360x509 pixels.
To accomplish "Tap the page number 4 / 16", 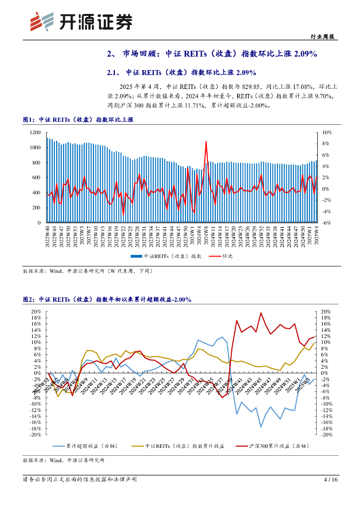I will click(331, 480).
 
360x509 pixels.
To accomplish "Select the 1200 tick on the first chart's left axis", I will click(35, 132).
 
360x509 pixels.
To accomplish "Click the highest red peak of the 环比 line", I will click(206, 142).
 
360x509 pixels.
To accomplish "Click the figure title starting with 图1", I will click(78, 120).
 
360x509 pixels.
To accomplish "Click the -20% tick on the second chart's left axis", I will click(35, 435).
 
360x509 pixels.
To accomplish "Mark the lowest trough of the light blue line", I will click(261, 426).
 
